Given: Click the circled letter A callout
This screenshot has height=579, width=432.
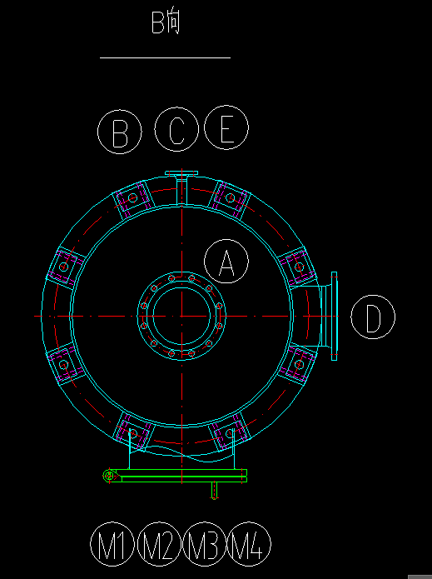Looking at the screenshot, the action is tap(226, 261).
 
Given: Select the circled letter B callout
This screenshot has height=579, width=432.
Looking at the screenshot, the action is tap(120, 132).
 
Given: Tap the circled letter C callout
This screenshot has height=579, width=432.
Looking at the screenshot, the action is tap(176, 129).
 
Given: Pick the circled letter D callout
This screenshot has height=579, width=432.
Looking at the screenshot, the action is tap(373, 317).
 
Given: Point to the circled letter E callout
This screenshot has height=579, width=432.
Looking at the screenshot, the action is tap(226, 127).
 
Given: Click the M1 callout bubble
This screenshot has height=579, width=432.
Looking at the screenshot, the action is tap(112, 544).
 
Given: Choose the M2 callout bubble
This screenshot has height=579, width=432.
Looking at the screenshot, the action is tap(159, 544).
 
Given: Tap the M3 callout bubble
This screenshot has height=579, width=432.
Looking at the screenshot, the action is tap(204, 544).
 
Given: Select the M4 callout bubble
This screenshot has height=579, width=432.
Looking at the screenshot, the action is tap(249, 544).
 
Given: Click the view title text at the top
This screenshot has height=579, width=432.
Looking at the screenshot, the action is tap(166, 22).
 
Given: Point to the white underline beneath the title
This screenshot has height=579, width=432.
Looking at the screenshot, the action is tap(166, 58).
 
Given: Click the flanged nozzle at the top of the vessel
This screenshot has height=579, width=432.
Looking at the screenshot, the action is tap(181, 187).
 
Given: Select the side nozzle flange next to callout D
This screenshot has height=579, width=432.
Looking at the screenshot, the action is tap(335, 316).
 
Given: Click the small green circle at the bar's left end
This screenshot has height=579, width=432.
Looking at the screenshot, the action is tap(109, 476).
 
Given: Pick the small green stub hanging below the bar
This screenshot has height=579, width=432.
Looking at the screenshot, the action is tap(214, 491).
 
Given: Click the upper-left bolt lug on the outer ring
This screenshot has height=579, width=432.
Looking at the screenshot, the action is tap(132, 199).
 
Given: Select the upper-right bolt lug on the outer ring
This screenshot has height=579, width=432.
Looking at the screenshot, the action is tap(231, 199).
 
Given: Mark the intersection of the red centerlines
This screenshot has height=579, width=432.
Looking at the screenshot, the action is tap(182, 316).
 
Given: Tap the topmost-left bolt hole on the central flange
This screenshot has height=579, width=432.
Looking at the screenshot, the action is tap(171, 278).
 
